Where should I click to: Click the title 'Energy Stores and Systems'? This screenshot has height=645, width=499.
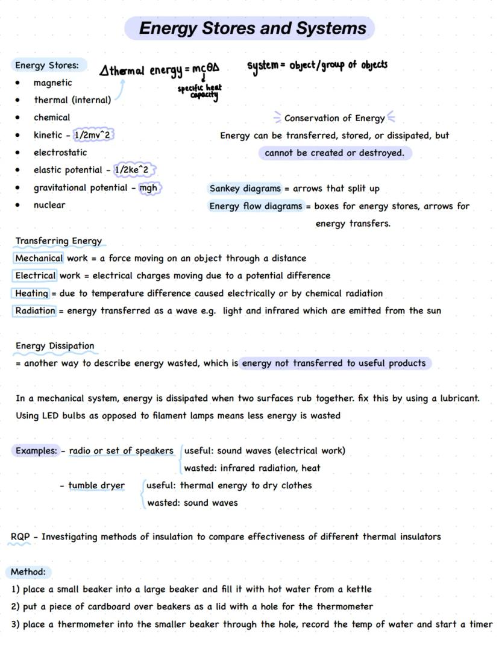point(252,28)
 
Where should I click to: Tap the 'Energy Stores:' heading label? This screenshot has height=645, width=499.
point(47,65)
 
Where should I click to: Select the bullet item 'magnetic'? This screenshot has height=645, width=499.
point(52,83)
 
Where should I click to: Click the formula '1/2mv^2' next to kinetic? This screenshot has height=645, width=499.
point(92,135)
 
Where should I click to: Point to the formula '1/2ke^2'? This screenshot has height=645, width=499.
point(131,170)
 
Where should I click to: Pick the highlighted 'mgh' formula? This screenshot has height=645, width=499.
point(148,187)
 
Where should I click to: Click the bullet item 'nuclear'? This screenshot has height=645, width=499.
point(49,205)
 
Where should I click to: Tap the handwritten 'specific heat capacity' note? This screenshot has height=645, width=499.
point(199,91)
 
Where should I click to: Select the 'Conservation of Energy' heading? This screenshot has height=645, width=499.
point(334,118)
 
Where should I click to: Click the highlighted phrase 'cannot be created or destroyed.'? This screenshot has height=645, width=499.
point(334,153)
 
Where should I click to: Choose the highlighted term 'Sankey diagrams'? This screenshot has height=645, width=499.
point(245,189)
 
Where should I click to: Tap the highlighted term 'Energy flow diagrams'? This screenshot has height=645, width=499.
point(256,206)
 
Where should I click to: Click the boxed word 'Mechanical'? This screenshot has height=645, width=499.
point(39,258)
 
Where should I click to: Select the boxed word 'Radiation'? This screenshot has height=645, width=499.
point(35,311)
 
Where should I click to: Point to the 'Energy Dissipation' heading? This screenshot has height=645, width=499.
point(55,346)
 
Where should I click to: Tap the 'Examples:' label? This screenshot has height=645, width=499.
point(36,451)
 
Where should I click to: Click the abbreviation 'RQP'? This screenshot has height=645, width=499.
point(20,536)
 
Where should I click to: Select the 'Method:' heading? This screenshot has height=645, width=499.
point(28,571)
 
